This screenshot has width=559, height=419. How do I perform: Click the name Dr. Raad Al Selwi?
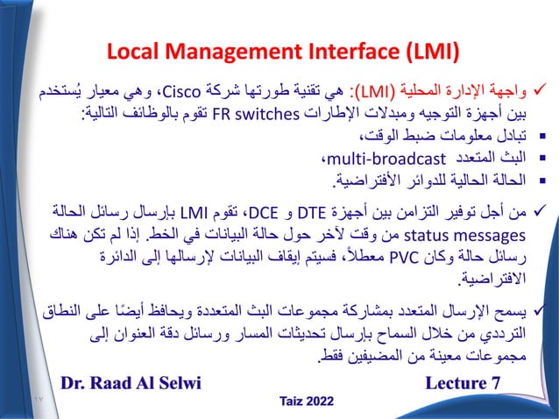pyautogui.click(x=131, y=383)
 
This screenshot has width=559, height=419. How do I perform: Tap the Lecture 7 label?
pyautogui.click(x=463, y=383)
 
